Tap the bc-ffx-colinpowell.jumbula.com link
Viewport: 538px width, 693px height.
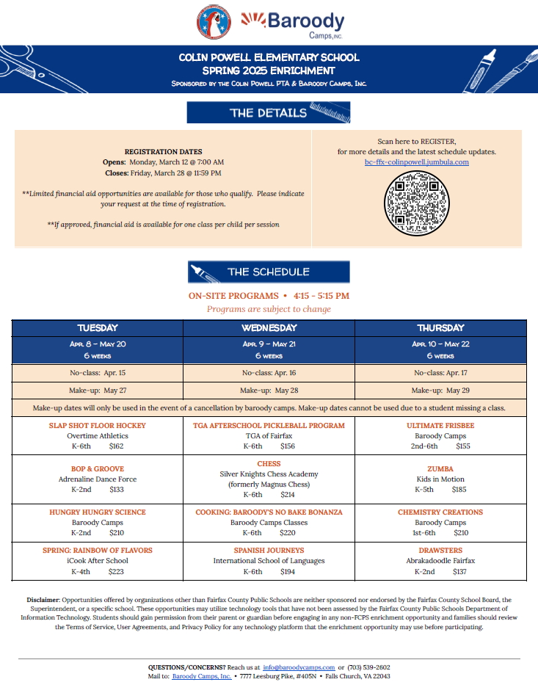(416, 162)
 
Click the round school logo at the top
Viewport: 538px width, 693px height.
(214, 23)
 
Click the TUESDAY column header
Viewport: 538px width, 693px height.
(98, 327)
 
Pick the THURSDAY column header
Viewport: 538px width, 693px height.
(440, 327)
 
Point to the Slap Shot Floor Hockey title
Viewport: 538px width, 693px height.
(98, 426)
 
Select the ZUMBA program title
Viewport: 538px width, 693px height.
(440, 468)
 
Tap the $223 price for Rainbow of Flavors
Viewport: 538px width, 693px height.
(116, 571)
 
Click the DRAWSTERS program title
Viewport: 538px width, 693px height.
(440, 550)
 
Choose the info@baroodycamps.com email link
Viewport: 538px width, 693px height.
(299, 667)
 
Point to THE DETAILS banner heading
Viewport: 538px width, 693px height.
(269, 113)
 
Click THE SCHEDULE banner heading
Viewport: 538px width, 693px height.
(269, 272)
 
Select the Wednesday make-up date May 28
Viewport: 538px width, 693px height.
(269, 391)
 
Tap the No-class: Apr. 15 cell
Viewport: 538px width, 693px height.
(98, 372)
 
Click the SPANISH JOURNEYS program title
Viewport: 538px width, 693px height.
(269, 550)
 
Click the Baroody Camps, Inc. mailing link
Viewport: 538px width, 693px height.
(202, 676)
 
